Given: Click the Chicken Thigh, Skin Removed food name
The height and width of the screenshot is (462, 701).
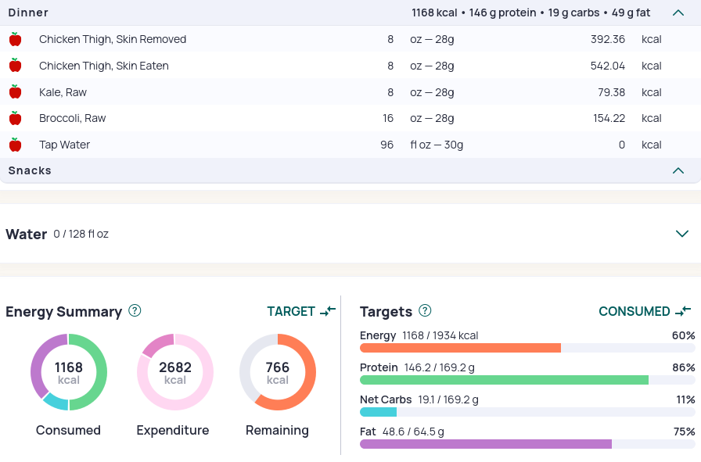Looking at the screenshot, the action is tap(113, 39).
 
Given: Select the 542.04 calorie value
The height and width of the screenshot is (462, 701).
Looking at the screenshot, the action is tap(608, 66).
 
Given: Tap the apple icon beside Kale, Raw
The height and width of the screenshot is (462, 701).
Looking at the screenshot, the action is tap(15, 91).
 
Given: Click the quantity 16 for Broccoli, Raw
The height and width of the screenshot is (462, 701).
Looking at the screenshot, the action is tap(387, 118).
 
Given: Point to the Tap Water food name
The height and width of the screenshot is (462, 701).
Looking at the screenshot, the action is tap(64, 145).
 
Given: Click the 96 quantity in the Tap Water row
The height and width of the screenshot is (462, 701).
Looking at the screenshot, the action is tap(386, 145).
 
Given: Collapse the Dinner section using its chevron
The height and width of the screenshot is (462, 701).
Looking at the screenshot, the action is tap(678, 13).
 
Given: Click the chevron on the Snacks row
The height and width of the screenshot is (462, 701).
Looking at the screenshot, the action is tap(678, 170).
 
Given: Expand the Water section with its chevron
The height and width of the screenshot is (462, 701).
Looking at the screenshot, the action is tap(681, 234).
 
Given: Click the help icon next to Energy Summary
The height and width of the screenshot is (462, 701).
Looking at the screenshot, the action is tap(135, 310).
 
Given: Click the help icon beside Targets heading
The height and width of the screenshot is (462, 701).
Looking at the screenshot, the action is tap(425, 310).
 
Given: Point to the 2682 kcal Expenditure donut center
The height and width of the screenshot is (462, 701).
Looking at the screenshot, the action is tap(175, 372).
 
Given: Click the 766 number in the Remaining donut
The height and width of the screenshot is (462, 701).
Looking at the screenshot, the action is tap(278, 367).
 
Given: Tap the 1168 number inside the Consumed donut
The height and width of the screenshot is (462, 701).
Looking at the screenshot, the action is tap(68, 367).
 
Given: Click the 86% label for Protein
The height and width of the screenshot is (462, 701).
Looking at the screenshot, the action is tap(684, 367).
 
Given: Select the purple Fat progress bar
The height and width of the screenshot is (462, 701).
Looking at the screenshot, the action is tap(486, 444).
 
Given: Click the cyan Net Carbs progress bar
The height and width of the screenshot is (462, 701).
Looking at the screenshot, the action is tap(378, 412).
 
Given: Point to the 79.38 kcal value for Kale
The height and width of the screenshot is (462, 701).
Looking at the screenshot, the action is tap(611, 92).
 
